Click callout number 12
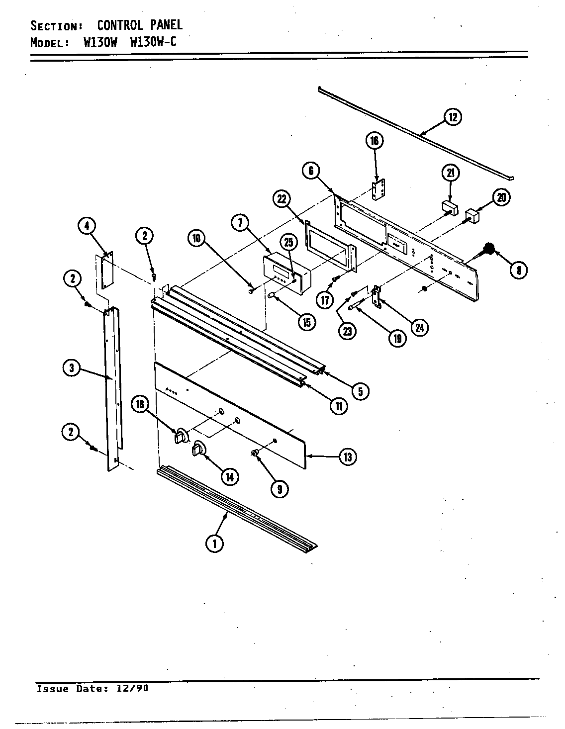(x=453, y=117)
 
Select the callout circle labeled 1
(x=215, y=544)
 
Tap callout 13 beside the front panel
(x=347, y=456)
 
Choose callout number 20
(x=501, y=197)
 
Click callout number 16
(x=374, y=141)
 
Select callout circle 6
(x=311, y=172)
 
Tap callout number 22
(x=281, y=199)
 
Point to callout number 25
(x=289, y=243)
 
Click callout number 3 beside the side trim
(x=72, y=368)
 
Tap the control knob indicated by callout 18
(x=182, y=436)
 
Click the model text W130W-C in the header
(x=153, y=42)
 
